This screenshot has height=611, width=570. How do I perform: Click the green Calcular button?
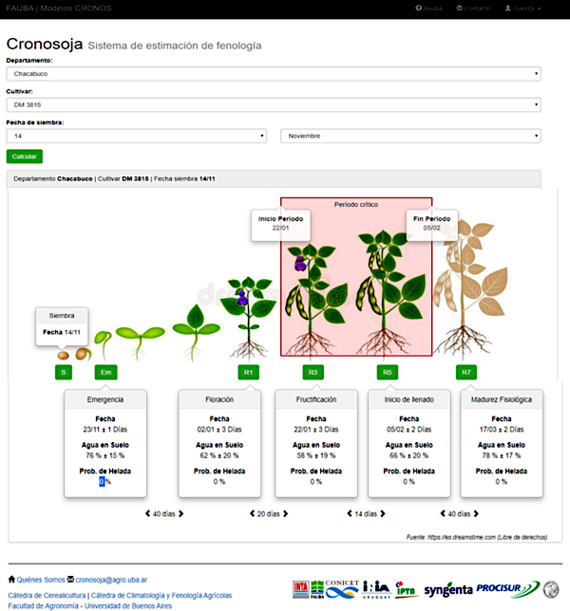24,157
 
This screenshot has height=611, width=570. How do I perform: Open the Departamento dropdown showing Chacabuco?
274,73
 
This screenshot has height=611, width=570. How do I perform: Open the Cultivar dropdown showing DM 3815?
274,105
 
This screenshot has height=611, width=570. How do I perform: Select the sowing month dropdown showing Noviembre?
410,137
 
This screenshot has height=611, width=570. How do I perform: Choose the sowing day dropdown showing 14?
137,137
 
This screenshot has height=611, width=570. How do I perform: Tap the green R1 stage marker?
247,373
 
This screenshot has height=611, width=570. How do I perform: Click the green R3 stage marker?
313,373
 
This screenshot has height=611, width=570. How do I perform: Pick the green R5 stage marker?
386,373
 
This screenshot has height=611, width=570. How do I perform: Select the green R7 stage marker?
465,373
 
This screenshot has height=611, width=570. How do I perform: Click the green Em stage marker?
106,373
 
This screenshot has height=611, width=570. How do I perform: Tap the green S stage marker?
64,373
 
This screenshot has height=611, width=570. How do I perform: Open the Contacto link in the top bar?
473,8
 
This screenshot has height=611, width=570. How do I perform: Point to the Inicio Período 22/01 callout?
280,223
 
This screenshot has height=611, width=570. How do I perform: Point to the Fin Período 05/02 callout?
432,223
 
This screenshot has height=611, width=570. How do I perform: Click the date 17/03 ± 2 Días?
501,429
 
